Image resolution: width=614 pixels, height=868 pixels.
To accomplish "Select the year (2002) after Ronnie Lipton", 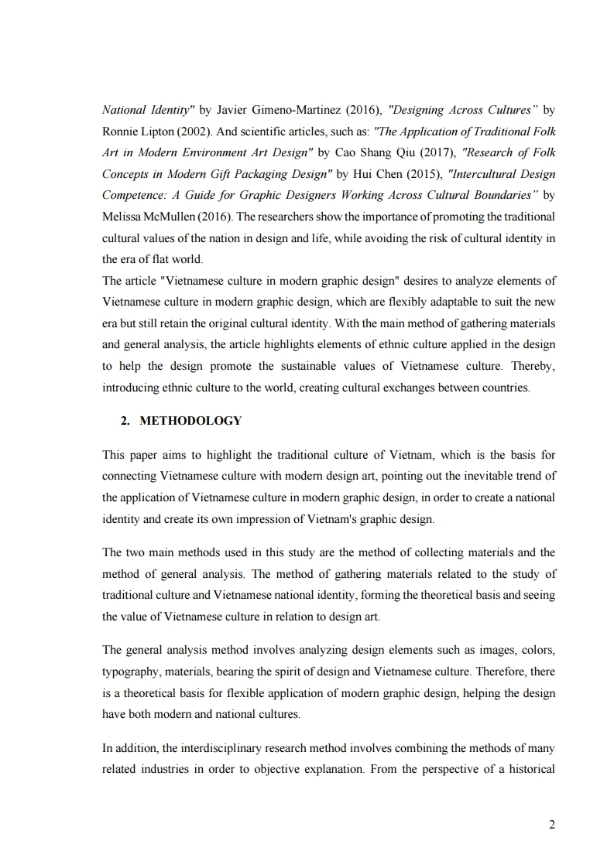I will tap(180, 128).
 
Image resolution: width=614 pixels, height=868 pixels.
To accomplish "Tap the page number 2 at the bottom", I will tap(551, 825).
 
